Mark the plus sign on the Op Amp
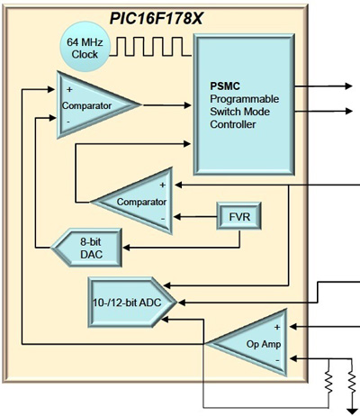pos(276,326)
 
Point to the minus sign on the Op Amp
pos(276,358)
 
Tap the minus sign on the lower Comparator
pos(162,217)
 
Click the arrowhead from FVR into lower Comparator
pos(179,216)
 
